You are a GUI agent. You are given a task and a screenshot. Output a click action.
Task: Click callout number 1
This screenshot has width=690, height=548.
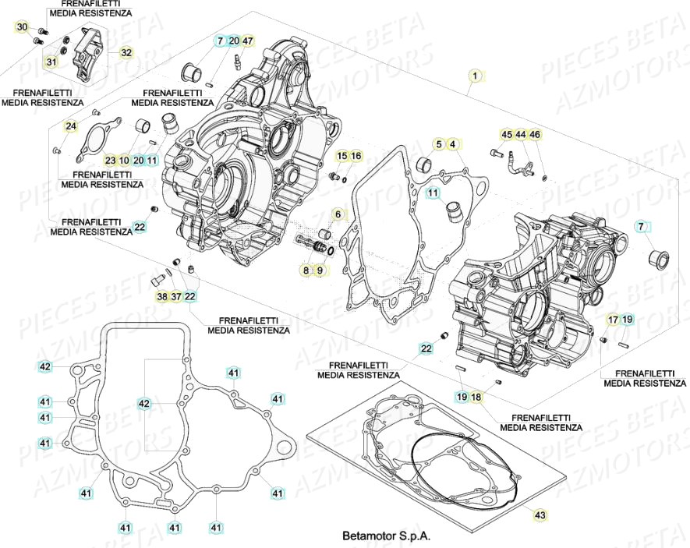point(474,76)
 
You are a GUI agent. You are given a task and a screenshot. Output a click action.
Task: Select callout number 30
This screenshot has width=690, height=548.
point(23,28)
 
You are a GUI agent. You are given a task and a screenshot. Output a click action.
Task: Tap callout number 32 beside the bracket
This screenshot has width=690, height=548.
point(126,52)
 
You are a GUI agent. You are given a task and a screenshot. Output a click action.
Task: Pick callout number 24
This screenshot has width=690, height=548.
point(71,126)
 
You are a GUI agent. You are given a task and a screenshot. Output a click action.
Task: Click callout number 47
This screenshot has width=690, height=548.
point(247,41)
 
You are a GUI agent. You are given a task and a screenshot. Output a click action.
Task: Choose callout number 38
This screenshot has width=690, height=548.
point(161,296)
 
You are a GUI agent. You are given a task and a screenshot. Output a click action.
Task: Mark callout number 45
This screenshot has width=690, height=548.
point(507,135)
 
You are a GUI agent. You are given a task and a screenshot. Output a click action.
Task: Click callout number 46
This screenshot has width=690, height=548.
point(534,135)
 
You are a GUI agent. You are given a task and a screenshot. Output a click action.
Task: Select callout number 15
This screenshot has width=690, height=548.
point(341,157)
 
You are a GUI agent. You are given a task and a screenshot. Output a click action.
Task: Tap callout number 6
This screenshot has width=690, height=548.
point(338,214)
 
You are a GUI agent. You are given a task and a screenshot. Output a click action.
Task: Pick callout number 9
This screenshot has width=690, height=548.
point(320,270)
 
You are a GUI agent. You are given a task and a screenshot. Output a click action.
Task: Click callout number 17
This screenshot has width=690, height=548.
point(614,319)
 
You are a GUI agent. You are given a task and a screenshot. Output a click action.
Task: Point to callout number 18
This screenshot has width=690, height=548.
point(476,398)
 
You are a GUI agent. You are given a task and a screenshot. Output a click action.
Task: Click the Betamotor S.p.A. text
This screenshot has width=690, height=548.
point(386,536)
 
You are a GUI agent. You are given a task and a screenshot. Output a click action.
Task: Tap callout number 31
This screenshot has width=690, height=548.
point(51,62)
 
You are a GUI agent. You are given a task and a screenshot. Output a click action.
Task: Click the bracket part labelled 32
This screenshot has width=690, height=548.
point(86,52)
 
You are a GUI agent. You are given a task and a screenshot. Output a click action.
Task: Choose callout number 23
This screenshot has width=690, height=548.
point(111,160)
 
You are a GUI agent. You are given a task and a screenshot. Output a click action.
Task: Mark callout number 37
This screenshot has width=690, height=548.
point(176,296)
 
